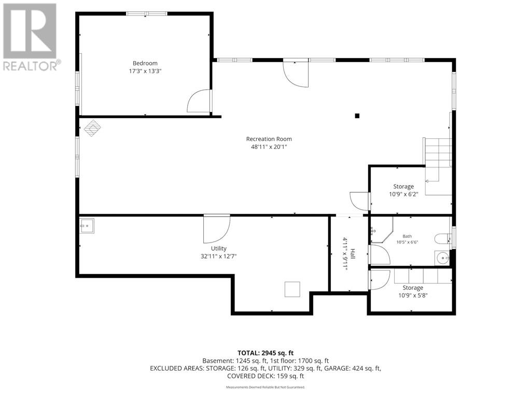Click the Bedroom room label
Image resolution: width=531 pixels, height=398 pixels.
coord(145,63)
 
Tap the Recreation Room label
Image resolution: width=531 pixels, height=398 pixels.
coord(269,139)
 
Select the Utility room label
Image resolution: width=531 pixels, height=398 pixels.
coord(218,248)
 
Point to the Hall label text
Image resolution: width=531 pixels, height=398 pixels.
coord(353,254)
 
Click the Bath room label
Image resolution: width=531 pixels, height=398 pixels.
coord(407,236)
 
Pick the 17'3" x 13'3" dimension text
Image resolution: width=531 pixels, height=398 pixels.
coord(145,71)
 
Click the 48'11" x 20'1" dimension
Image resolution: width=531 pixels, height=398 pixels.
coord(269,147)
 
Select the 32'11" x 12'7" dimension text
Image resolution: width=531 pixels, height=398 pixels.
coord(218,256)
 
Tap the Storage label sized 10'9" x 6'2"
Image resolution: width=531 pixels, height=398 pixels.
coord(403,187)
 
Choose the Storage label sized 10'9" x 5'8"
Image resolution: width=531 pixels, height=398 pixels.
coord(413,288)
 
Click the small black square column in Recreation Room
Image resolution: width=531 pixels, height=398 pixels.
coord(357,116)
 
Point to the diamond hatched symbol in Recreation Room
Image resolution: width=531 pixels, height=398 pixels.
coord(92,129)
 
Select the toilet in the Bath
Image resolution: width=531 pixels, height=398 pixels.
coord(442,239)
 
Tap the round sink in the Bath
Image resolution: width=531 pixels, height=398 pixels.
coord(442,258)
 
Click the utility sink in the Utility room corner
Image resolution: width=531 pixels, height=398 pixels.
coord(87,226)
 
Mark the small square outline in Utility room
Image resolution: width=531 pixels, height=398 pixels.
coord(292,289)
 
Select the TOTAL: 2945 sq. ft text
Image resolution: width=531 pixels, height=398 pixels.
coord(265,353)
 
